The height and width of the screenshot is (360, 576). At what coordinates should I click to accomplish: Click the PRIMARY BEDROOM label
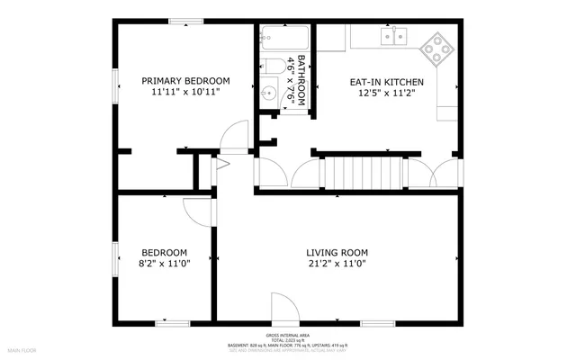(186, 80)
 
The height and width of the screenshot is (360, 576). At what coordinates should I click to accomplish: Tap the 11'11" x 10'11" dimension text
(186, 92)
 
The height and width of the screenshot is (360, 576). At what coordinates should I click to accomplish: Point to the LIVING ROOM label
(337, 252)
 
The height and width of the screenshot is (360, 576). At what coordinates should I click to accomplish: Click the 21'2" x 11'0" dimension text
(337, 264)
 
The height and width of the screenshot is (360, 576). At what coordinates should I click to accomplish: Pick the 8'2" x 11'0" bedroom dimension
(165, 264)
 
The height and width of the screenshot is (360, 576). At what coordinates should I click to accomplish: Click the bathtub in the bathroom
(283, 38)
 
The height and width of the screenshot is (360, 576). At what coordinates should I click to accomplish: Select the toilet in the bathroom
(271, 65)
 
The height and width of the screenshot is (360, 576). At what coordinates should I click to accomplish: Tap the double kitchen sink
(393, 36)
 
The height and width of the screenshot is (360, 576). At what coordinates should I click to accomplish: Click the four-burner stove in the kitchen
(437, 47)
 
